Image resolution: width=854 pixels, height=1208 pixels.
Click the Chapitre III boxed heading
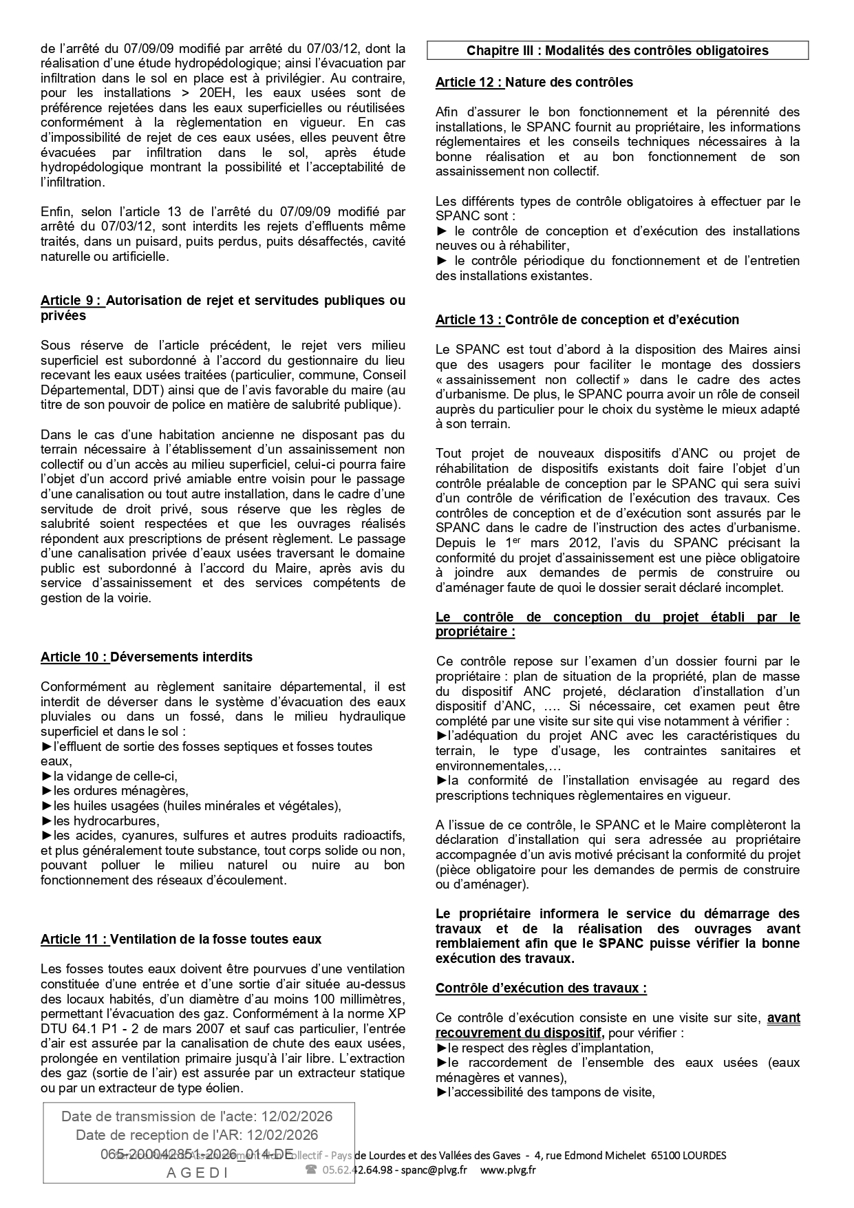[617, 50]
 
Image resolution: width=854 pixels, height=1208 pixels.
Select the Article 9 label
[72, 301]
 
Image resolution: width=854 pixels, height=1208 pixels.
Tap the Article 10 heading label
[74, 657]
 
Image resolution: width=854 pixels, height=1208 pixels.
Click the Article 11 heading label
[74, 939]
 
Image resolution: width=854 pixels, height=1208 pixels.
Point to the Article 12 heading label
[469, 82]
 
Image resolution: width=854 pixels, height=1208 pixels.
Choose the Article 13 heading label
[469, 319]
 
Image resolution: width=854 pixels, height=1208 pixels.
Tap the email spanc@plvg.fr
[434, 1169]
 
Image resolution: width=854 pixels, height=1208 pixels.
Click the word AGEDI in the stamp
[198, 1174]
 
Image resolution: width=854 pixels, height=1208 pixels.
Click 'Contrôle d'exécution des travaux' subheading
[541, 988]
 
